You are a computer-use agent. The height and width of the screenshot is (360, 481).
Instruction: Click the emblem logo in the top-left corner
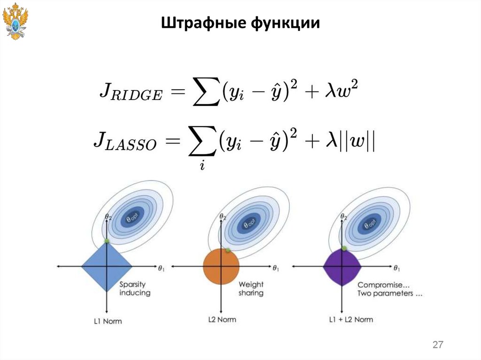point(15,21)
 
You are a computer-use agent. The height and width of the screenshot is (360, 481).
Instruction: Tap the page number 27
point(438,345)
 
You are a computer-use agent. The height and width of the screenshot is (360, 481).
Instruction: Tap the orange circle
point(221,267)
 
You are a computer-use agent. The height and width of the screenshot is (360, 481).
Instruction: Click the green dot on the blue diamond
point(107,241)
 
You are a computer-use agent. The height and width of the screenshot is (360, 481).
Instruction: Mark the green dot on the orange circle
point(228,250)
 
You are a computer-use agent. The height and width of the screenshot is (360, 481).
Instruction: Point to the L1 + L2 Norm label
point(350,320)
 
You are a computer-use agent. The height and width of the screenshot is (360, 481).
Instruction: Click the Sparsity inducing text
point(134,288)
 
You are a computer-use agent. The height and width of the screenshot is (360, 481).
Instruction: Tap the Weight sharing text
point(251,288)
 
